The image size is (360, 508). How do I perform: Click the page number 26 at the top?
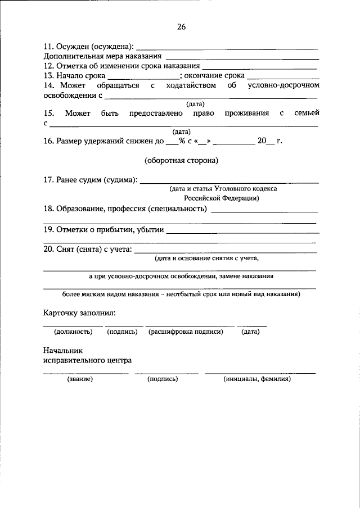coord(180,26)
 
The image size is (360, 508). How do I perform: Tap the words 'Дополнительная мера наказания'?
coord(102,56)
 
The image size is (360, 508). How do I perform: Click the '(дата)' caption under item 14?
coord(195,104)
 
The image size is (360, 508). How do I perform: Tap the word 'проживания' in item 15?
coord(245,114)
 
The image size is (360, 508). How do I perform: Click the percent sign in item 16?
coord(182,141)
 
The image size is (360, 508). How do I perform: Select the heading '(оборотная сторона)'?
coord(181,160)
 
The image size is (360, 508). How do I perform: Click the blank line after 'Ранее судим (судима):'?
coord(228,182)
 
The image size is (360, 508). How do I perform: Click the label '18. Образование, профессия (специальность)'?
coord(125,209)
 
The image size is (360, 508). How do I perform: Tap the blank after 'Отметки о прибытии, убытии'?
coord(241,230)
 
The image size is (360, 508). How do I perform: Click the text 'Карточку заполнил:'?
coord(79,312)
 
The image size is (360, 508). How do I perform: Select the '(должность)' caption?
coord(73,332)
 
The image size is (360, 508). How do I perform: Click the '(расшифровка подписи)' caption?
coord(186,332)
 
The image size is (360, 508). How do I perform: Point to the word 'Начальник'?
coord(62,350)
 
